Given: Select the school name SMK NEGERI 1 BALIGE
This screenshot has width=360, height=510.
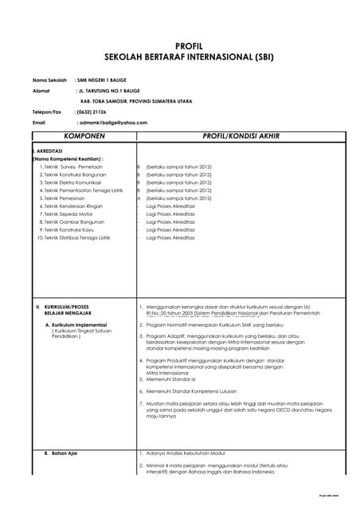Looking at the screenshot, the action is (x=103, y=80).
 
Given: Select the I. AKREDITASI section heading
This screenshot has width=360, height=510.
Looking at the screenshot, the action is (x=49, y=151).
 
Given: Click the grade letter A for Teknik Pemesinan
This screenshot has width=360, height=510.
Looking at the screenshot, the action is (x=139, y=198).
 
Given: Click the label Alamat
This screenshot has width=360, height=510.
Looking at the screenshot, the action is (x=41, y=91).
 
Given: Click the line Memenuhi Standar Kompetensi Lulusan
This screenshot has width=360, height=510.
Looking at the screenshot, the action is (x=192, y=392).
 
